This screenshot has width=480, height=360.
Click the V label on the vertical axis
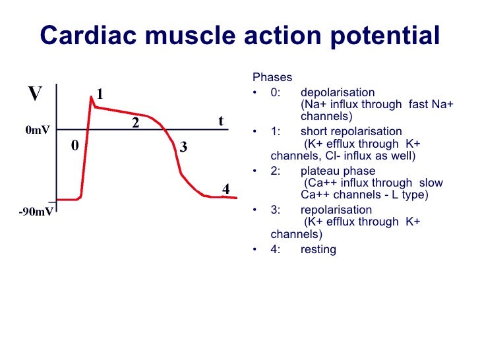[35, 94]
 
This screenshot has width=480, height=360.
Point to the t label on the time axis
[221, 120]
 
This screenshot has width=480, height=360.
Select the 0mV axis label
[37, 131]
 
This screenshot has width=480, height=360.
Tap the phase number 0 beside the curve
[75, 146]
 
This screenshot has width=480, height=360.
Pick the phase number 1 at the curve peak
[100, 94]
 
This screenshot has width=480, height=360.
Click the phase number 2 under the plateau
[135, 123]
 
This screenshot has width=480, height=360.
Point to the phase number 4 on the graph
[225, 189]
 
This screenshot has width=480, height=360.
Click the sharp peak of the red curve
[92, 97]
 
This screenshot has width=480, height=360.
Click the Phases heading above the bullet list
[272, 78]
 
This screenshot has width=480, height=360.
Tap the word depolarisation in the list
[338, 92]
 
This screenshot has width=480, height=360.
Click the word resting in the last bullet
[318, 249]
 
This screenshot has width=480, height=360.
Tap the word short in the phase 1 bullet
[314, 131]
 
